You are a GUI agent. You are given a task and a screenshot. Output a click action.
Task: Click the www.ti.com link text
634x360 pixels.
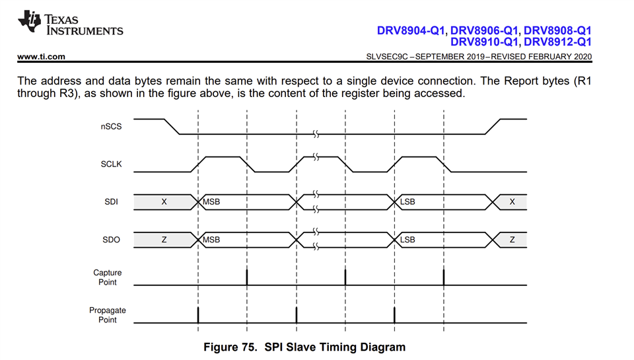click(41, 56)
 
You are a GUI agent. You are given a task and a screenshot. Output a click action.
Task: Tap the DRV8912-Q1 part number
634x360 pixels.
click(557, 42)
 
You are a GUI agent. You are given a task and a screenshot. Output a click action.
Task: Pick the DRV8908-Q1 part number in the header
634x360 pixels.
click(557, 30)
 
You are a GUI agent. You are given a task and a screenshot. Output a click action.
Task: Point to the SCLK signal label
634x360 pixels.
click(110, 164)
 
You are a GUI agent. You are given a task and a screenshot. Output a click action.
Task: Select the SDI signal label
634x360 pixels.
click(111, 201)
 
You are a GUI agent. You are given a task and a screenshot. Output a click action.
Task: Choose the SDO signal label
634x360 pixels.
click(110, 239)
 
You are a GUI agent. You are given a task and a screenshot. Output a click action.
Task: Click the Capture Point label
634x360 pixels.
click(106, 277)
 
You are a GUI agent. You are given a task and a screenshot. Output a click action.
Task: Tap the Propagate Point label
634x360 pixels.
click(108, 314)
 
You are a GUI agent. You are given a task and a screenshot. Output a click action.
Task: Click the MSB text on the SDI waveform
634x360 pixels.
click(211, 201)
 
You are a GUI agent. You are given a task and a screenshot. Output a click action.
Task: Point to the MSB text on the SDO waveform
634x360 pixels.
click(211, 239)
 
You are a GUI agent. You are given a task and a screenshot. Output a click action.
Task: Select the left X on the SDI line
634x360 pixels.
click(164, 201)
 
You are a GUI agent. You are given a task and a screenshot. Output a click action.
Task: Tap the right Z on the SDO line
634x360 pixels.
click(512, 239)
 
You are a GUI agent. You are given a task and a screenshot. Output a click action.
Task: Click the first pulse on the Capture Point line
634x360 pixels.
click(247, 277)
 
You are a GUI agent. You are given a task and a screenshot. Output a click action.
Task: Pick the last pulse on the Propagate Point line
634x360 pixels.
click(394, 314)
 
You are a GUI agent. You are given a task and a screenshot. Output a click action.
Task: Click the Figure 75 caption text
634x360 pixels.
click(304, 347)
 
